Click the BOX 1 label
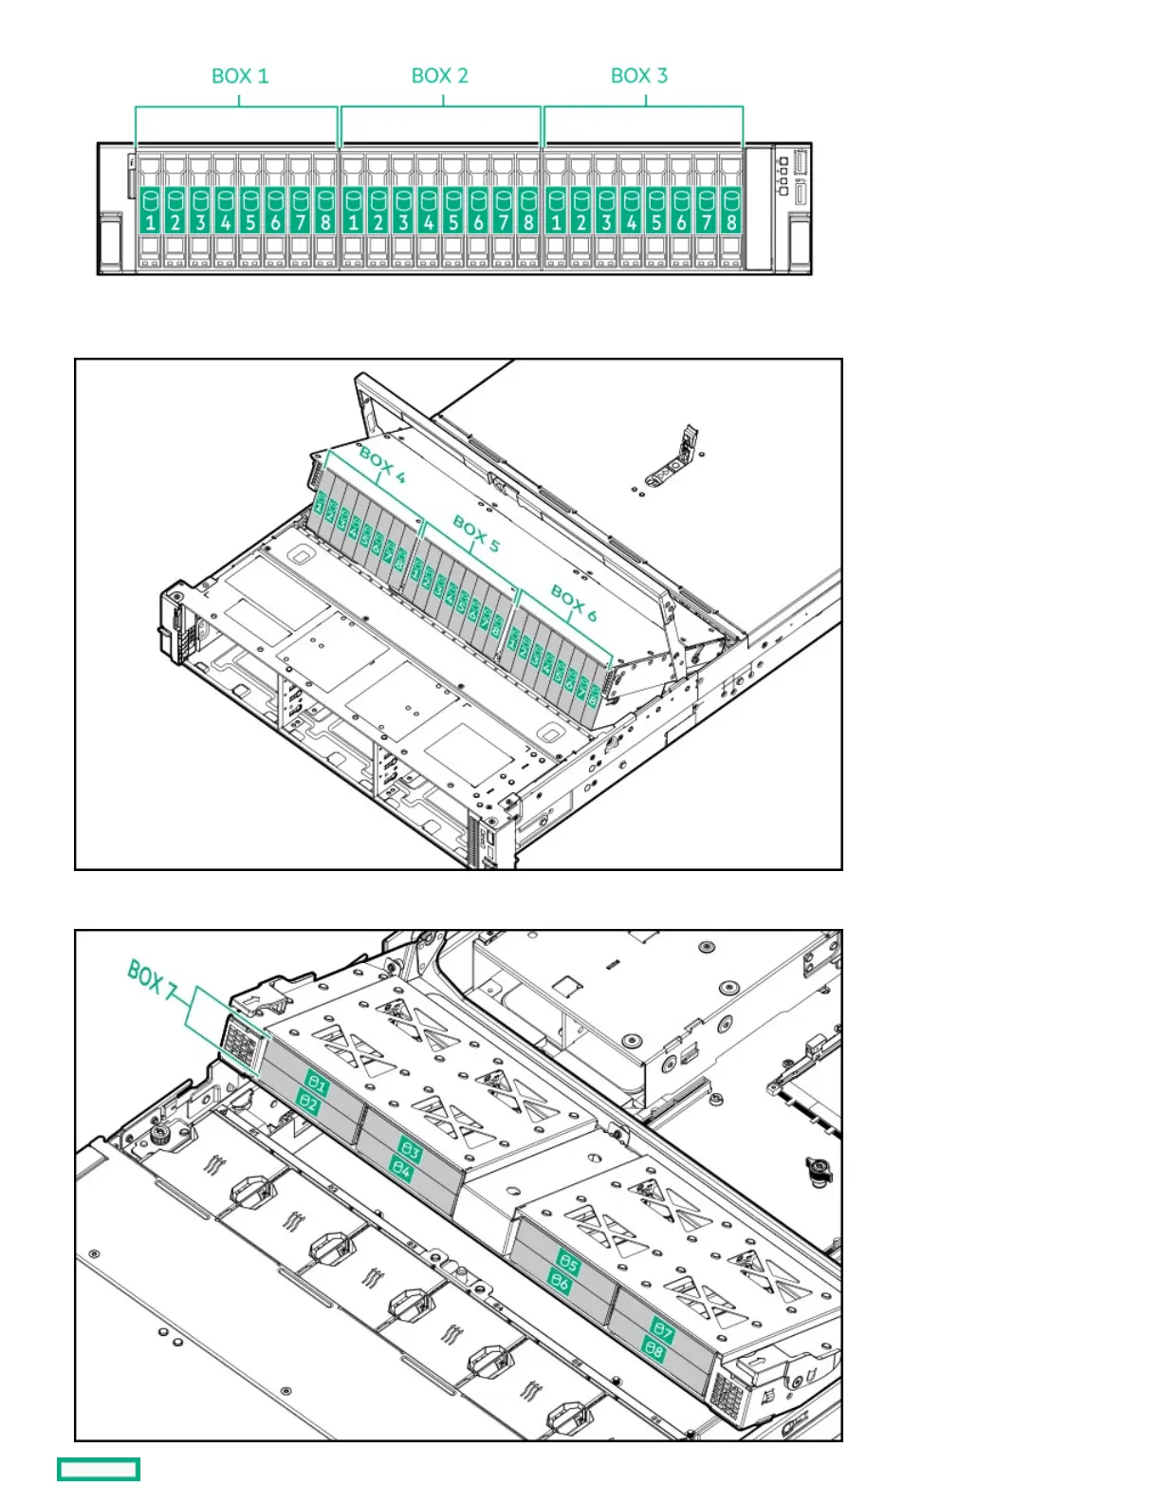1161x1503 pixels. tap(240, 76)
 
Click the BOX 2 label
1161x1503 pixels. tap(440, 76)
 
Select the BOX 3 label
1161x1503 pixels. tap(639, 76)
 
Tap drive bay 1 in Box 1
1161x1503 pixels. tap(150, 211)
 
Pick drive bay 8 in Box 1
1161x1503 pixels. tap(325, 211)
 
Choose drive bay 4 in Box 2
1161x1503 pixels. tap(429, 211)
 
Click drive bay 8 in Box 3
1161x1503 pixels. tap(730, 211)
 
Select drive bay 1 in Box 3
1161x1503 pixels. tap(556, 211)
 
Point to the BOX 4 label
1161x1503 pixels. tap(382, 466)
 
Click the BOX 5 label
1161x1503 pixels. tap(476, 533)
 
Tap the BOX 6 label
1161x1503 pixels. tap(574, 603)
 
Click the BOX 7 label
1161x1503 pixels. tap(152, 981)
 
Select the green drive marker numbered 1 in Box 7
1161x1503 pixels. tap(317, 1085)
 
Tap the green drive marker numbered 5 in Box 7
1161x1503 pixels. tap(567, 1263)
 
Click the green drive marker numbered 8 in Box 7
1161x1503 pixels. tap(654, 1348)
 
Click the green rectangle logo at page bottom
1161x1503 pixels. tap(99, 1469)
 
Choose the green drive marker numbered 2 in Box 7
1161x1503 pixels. tap(308, 1104)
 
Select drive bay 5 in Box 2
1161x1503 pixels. tap(453, 211)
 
